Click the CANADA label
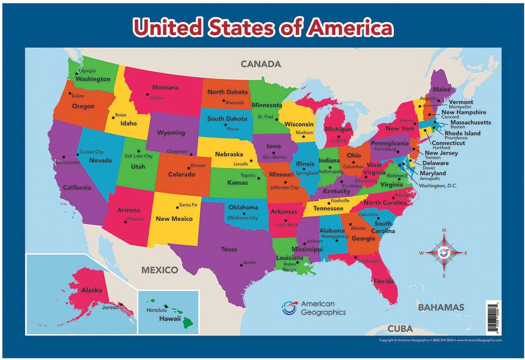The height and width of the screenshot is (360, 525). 261,64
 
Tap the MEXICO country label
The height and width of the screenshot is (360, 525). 160,270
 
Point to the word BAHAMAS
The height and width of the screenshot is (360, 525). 441,307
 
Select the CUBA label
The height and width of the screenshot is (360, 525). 400,329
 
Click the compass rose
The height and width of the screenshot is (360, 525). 444,253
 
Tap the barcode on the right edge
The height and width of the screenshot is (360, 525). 493,317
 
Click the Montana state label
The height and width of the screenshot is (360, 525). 165,87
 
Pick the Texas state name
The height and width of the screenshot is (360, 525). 229,249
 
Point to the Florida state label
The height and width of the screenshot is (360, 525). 383,281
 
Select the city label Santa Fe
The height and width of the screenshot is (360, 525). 188,205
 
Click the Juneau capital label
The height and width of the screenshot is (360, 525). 110,307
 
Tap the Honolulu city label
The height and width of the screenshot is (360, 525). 156,310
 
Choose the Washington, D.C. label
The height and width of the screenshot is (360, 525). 438,186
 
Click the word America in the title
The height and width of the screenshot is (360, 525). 351,28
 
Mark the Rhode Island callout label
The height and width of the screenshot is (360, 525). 462,133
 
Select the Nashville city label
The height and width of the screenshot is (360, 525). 340,200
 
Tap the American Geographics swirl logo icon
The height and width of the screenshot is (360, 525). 289,308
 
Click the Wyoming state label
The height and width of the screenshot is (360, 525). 171,133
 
